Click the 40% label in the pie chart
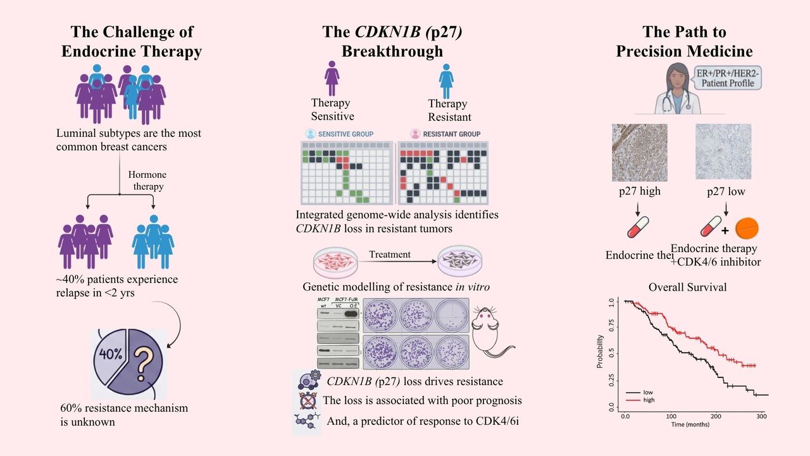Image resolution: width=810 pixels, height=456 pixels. point(110,354)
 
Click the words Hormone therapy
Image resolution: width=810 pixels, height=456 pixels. point(146,181)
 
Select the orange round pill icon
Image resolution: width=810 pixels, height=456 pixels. point(747,228)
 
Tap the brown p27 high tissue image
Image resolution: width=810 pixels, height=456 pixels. point(639,152)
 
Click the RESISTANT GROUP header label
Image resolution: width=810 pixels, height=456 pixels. point(445,134)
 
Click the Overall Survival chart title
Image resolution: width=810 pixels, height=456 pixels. point(687,287)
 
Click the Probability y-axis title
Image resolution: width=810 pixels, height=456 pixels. point(599,351)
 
